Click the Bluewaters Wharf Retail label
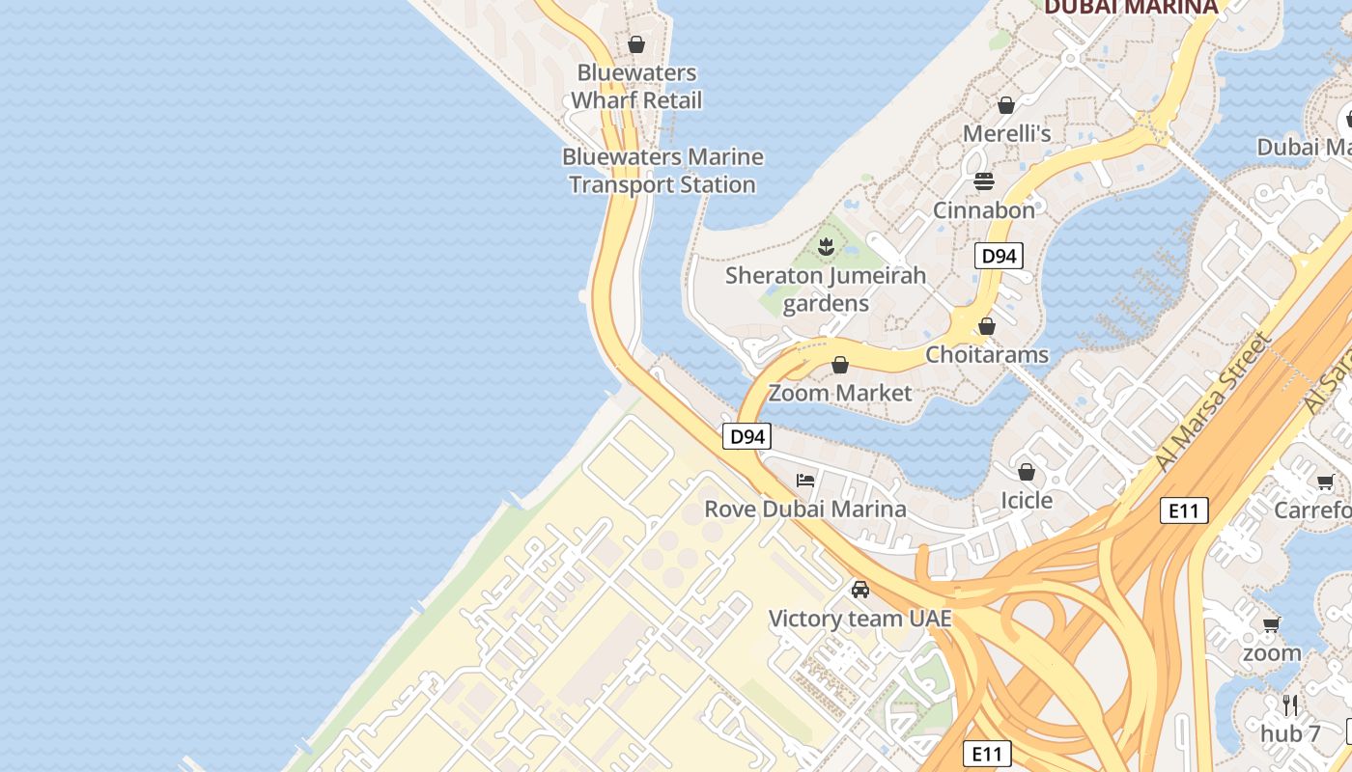coord(636,86)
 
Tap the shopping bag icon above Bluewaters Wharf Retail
coord(636,44)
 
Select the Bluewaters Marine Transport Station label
coord(662,170)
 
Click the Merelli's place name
coord(1006,133)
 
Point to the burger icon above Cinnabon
coord(984,180)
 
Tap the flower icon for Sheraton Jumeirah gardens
coord(826,247)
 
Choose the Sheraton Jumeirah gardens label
coord(826,289)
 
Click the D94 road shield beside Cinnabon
coord(999,256)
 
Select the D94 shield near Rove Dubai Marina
coord(747,436)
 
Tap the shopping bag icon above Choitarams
coord(987,327)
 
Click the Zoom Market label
coord(840,393)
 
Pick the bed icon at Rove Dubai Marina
coord(805,480)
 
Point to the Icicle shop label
coord(1027,500)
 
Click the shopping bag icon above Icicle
coord(1027,472)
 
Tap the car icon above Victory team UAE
coord(860,589)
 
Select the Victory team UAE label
coord(860,618)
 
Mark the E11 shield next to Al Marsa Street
coord(1184,510)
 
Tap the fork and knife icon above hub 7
coord(1289,704)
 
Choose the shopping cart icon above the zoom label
coord(1272,624)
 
